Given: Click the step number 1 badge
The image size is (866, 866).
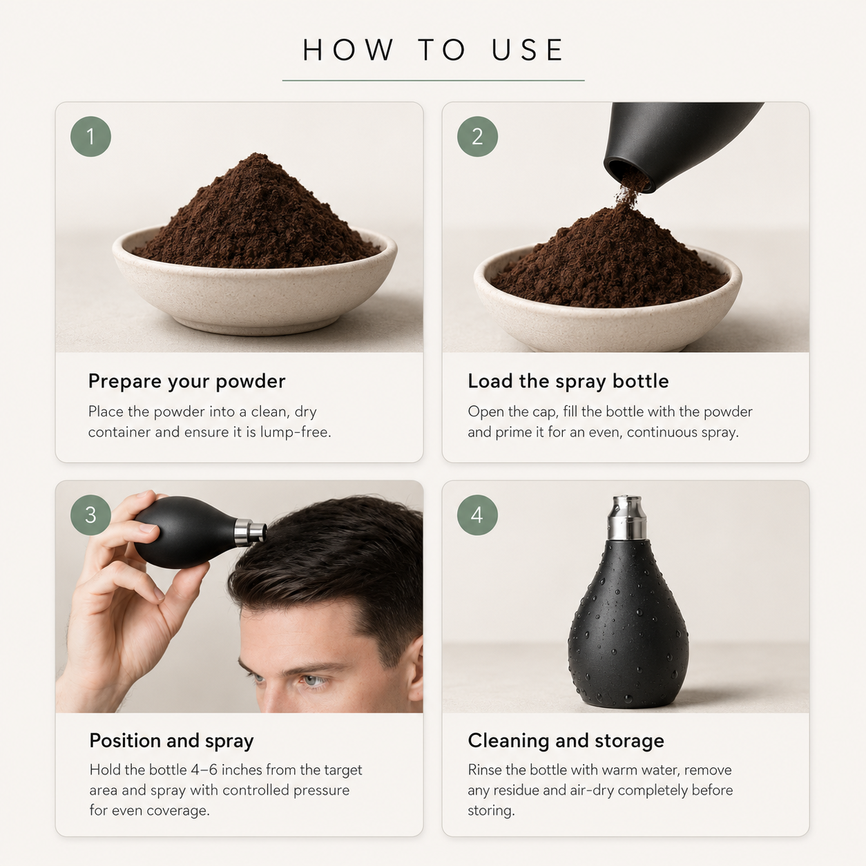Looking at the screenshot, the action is (x=90, y=137).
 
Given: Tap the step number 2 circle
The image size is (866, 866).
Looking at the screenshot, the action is (x=477, y=137).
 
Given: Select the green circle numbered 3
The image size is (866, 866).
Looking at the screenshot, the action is (x=90, y=515).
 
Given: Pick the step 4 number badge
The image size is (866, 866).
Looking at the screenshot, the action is (x=477, y=515).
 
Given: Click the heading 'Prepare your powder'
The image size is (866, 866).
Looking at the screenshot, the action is (x=186, y=381).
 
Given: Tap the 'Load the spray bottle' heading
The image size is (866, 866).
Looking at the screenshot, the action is (x=568, y=381).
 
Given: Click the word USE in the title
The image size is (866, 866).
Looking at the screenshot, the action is (x=528, y=50).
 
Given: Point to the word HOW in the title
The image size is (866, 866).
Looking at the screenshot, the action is (x=348, y=50).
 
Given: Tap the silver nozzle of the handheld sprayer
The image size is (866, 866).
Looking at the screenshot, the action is (x=250, y=532).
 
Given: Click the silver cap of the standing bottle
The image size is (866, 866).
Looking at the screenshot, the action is (x=627, y=517).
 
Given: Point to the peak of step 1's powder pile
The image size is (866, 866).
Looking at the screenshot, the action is (x=257, y=155).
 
